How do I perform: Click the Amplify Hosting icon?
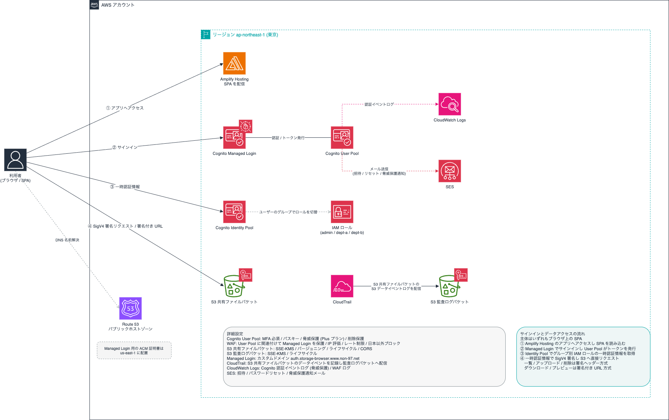234,63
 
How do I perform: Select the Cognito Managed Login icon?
234,137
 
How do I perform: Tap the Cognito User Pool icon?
342,137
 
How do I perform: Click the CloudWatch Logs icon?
450,104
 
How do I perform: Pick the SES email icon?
450,171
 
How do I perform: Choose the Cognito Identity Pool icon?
234,212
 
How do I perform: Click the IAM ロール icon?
342,212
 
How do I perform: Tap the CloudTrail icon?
342,286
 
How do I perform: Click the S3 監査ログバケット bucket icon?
449,286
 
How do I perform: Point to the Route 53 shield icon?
130,308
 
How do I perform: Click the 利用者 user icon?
15,160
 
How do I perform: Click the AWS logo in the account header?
94,5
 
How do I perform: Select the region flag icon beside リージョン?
206,35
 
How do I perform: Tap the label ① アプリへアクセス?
125,108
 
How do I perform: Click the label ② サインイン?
125,147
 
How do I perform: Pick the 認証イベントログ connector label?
379,104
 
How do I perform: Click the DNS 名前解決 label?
67,240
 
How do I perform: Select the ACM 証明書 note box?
134,351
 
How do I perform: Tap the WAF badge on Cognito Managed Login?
245,126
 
